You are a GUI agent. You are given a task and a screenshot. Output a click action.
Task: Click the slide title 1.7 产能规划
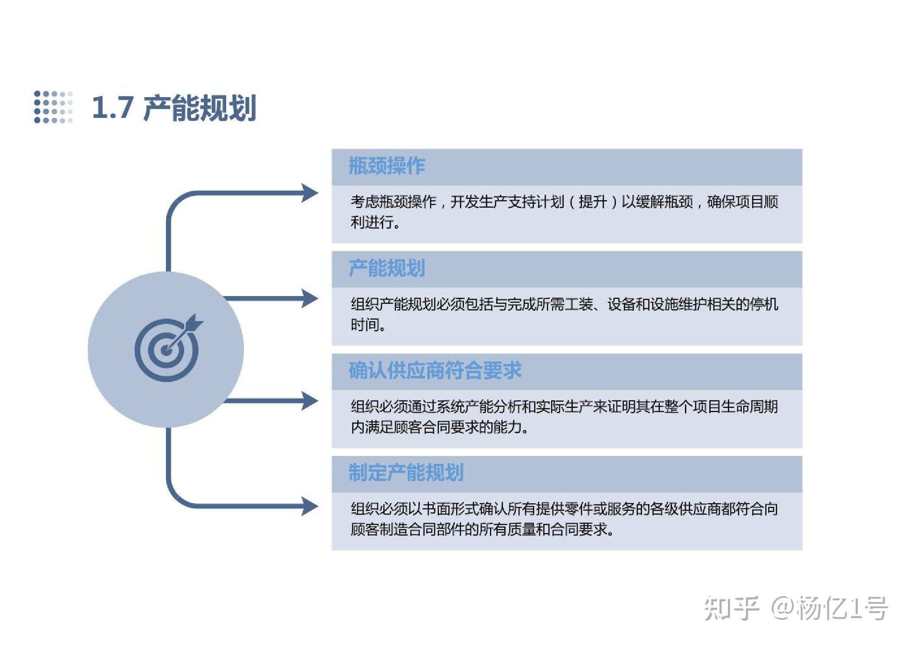click(x=174, y=107)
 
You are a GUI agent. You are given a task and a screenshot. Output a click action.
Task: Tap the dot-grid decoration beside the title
click(x=53, y=107)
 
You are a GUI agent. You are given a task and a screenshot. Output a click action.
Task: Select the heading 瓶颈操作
click(x=386, y=166)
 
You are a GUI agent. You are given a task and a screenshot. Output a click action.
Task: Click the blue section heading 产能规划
click(x=386, y=268)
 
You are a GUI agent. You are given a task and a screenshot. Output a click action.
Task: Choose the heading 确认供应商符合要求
click(x=435, y=371)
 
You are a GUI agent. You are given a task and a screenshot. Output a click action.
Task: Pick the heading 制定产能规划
click(x=406, y=472)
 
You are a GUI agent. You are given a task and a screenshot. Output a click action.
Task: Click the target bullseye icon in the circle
click(x=167, y=349)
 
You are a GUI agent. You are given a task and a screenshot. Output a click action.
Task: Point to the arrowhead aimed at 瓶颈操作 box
click(x=310, y=193)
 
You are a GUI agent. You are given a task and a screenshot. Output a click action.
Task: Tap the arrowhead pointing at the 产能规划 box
click(x=310, y=299)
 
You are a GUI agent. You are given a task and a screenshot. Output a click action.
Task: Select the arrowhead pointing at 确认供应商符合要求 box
click(x=310, y=401)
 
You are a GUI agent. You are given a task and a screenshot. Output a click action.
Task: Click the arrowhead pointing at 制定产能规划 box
click(x=310, y=506)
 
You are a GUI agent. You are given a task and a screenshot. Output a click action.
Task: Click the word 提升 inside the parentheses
click(x=592, y=202)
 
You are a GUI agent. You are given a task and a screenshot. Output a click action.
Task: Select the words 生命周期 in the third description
click(x=750, y=407)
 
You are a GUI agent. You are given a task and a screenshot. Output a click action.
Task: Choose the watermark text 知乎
click(x=731, y=608)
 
